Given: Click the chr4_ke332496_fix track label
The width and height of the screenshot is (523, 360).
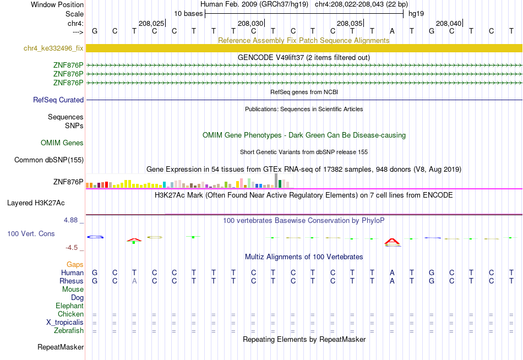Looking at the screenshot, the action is coord(53,48).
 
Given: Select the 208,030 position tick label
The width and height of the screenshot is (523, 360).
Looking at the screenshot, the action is coord(250,23).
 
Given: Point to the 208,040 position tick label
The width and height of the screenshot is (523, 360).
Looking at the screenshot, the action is coord(449,23).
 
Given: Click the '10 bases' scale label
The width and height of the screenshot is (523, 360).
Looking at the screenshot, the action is coord(188,14).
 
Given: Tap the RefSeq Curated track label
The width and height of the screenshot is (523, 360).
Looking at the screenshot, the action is coord(58,100).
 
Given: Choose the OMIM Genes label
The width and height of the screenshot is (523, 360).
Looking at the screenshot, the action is coord(62,143).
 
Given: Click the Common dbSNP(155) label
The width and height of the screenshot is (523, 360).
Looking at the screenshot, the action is coord(49,160).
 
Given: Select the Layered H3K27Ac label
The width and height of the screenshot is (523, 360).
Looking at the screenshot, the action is coord(36,203).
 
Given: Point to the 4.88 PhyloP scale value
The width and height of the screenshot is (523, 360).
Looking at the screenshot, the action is coord(70,220).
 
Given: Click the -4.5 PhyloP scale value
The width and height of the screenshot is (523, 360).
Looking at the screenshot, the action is coord(72,248).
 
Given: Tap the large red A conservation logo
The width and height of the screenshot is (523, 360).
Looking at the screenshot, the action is coord(392,241).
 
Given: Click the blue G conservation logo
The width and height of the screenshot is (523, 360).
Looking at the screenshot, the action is coord(95,237).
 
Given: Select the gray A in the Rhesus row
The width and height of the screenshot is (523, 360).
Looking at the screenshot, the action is coord(134,281).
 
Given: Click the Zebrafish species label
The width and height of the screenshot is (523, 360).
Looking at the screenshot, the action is coord(69,331).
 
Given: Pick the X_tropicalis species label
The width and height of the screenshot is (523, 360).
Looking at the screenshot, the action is coord(65,323).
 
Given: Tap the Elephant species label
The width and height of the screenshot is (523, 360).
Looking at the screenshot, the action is coord(70,306).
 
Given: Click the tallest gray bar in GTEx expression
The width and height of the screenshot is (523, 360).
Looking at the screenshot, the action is coord(276,181).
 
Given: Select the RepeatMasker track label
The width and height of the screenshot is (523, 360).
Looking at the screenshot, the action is coord(61,347).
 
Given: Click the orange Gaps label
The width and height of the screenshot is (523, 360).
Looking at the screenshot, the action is coord(75,265).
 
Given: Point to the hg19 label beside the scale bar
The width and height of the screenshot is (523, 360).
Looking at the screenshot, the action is coord(416,14).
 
